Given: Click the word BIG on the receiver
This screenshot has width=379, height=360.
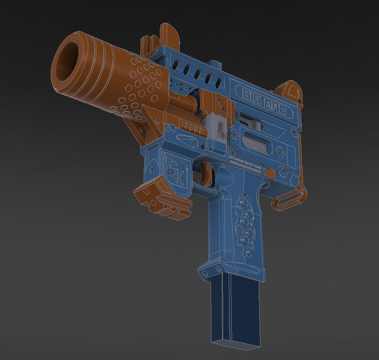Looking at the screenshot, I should (253, 95).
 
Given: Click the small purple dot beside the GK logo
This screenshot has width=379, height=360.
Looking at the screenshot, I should (170, 171).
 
